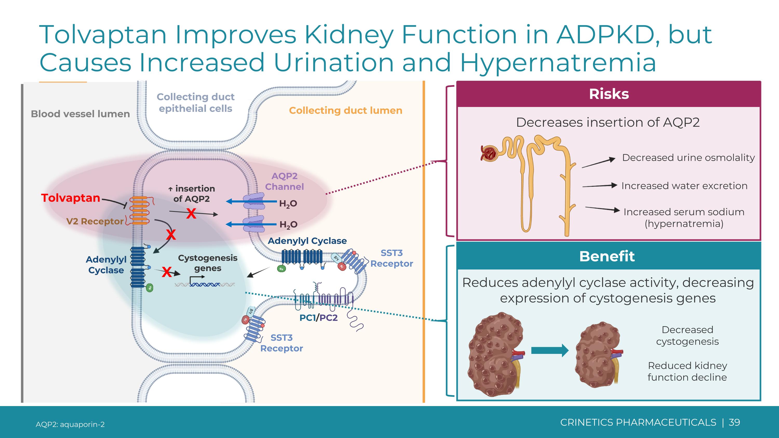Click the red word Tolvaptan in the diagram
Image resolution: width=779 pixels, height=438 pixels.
click(70, 198)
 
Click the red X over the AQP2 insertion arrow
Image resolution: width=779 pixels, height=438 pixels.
click(191, 214)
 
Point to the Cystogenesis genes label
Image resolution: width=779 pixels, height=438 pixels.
click(208, 263)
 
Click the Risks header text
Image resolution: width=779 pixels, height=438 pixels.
click(609, 94)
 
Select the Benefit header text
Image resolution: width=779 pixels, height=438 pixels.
click(607, 256)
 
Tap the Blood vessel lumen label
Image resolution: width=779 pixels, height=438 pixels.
click(80, 114)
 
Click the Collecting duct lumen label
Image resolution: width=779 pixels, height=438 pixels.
click(346, 111)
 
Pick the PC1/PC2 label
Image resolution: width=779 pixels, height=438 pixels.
click(318, 318)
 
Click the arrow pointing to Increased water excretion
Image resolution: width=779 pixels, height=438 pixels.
click(599, 186)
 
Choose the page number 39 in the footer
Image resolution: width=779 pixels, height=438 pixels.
click(734, 422)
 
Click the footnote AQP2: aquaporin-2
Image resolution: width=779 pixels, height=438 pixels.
click(70, 424)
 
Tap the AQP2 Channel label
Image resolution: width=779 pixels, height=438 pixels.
click(284, 181)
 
